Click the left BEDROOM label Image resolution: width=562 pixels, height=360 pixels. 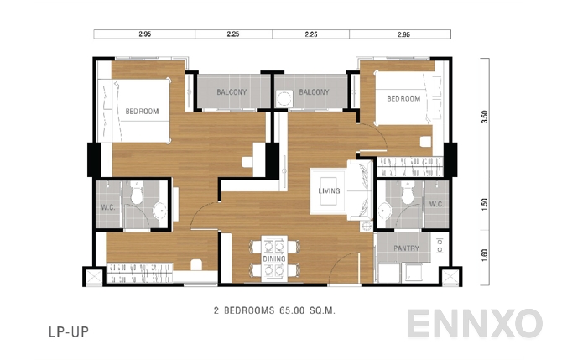click(142, 111)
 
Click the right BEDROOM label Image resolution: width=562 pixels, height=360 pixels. click(403, 98)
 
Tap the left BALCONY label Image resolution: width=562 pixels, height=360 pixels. click(231, 91)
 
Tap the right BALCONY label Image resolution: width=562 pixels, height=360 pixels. click(313, 91)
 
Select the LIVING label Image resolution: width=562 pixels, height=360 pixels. click(329, 191)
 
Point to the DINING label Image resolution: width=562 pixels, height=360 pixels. click(273, 259)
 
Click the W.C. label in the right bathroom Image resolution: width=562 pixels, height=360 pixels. click(435, 203)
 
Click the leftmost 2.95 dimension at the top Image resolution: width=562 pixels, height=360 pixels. click(143, 34)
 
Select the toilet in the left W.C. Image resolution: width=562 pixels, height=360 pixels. click(137, 196)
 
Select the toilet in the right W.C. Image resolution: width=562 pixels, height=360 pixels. click(407, 195)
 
